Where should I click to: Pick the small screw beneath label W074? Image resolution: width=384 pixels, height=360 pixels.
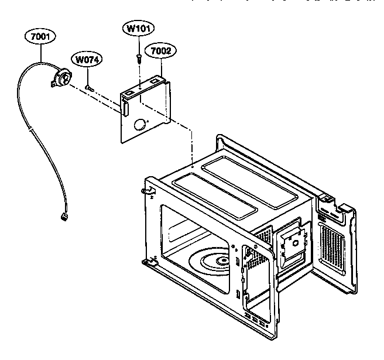(88, 87)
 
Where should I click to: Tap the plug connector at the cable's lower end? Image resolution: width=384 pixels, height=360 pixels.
(63, 217)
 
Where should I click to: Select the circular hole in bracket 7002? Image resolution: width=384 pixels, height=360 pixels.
(140, 124)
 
